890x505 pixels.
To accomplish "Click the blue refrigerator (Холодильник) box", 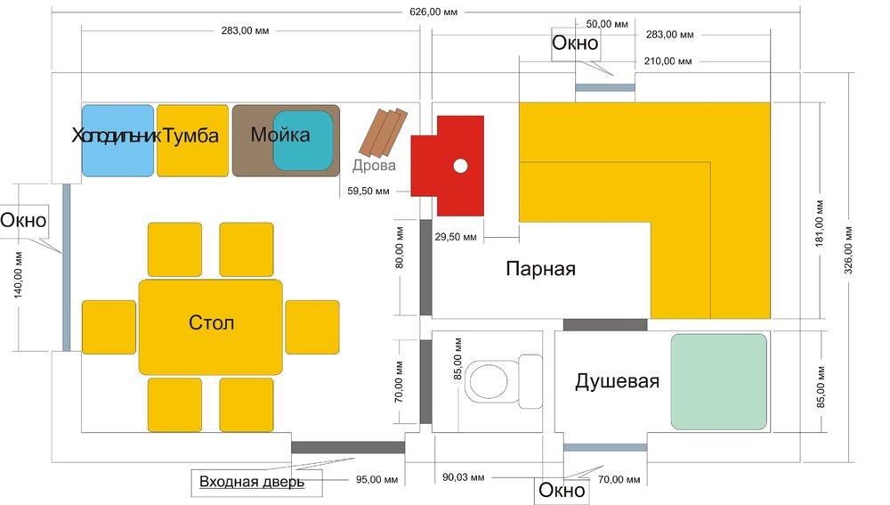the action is [x=118, y=141].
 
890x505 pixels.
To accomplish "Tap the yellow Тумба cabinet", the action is [x=192, y=141].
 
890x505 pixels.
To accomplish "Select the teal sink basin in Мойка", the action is [x=303, y=141].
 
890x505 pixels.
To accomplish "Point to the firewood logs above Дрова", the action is [x=384, y=133].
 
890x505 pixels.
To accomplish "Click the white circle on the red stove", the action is [x=461, y=166].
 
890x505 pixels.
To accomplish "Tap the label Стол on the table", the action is [x=211, y=322].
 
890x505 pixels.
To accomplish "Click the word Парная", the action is [x=540, y=268].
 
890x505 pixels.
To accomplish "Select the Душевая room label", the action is [x=617, y=380].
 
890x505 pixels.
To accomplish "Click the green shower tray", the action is [x=718, y=382].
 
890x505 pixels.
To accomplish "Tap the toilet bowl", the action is [x=487, y=381].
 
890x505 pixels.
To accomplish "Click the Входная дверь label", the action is [x=252, y=482].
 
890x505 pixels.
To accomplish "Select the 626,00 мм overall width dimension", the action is [x=433, y=12].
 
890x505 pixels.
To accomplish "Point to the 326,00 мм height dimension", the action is [x=848, y=250].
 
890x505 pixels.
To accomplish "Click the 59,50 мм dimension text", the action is [x=368, y=191].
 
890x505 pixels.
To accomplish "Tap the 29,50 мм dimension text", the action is [x=456, y=237].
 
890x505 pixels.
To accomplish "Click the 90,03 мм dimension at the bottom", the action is [x=463, y=477].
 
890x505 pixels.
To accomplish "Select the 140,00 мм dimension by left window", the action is [x=18, y=275].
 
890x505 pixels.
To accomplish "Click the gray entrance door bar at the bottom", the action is [x=348, y=447].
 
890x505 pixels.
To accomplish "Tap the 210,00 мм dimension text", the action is [x=667, y=61].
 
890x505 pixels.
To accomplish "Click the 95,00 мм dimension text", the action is [x=376, y=479].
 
